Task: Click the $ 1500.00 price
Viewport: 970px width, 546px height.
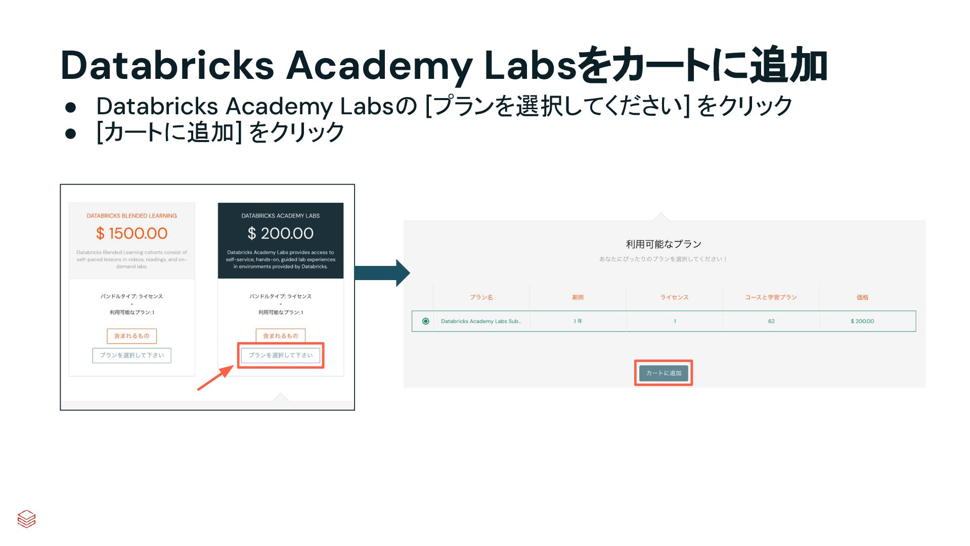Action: (x=131, y=233)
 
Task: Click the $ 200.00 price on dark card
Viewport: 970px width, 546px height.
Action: (x=280, y=233)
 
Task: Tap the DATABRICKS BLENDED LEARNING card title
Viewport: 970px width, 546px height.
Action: (x=131, y=216)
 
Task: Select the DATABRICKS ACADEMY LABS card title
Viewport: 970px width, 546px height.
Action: (x=280, y=216)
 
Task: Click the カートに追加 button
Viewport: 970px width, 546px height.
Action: (x=663, y=373)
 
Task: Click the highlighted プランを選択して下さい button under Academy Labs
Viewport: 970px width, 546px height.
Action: (x=280, y=355)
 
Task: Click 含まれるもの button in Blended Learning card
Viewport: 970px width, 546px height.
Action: (x=131, y=336)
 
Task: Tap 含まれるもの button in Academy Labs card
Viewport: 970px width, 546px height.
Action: (x=280, y=336)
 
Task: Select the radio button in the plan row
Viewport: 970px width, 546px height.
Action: (x=425, y=321)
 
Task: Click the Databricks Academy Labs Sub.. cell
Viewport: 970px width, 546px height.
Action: (x=480, y=321)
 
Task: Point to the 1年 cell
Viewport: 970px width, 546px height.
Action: (x=578, y=321)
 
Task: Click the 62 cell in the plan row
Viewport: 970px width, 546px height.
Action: (x=771, y=321)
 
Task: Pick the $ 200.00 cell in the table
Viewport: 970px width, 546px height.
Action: (x=862, y=321)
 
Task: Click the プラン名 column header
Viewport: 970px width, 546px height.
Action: (x=481, y=297)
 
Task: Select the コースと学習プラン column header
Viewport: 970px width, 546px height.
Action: (x=770, y=297)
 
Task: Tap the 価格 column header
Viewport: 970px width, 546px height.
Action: (x=862, y=297)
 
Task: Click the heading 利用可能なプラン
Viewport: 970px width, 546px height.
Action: (x=663, y=244)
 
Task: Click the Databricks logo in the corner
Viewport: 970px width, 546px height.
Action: (x=26, y=519)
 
